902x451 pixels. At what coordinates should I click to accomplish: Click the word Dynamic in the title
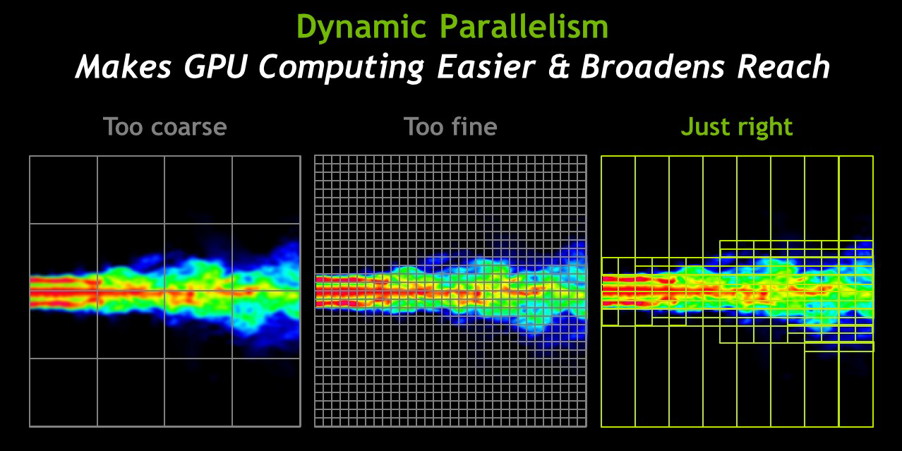[361, 28]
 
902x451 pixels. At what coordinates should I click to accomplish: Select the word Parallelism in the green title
[524, 26]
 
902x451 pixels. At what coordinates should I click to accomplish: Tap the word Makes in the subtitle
[124, 66]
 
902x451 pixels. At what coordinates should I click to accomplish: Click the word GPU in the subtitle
[215, 66]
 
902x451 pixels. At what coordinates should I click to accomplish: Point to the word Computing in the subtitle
[342, 68]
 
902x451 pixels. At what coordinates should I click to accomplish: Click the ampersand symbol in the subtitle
[558, 66]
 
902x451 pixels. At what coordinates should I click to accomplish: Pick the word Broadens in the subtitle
[652, 66]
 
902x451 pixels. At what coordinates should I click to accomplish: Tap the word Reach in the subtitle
[783, 66]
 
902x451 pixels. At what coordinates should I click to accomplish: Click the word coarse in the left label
[189, 127]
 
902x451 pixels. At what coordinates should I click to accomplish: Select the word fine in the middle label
[474, 126]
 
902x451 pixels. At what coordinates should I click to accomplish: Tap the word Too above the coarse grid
[124, 127]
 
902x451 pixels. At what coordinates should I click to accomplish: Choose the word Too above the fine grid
[424, 127]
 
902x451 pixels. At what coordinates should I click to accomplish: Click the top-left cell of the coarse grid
[64, 190]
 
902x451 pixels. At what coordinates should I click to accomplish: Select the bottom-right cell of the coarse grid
[266, 392]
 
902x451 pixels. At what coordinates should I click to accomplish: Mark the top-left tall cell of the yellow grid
[618, 207]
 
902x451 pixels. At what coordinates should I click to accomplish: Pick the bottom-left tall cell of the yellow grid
[618, 376]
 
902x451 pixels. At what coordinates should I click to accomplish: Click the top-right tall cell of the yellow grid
[856, 198]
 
